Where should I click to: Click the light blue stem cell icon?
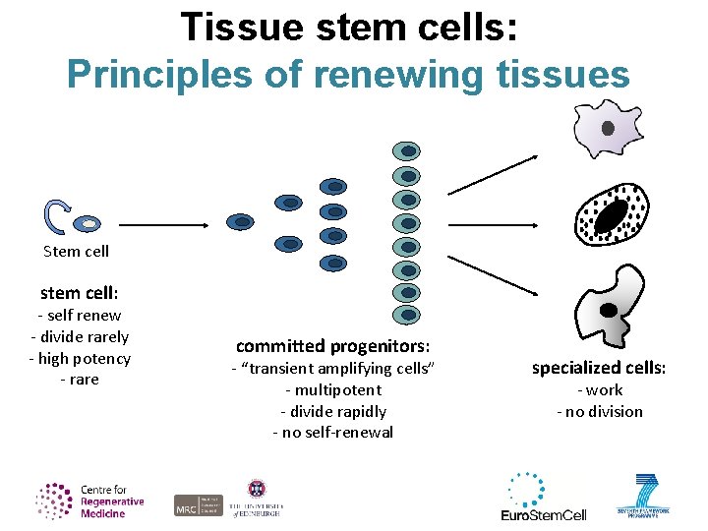(88, 224)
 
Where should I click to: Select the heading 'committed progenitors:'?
(332, 346)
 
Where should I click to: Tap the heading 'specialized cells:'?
(599, 368)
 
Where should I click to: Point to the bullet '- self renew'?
(79, 316)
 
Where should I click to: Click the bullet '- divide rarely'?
(79, 336)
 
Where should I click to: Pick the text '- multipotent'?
(332, 390)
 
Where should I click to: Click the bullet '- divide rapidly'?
(332, 412)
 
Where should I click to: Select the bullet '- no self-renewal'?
(332, 433)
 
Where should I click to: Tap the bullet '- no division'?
(599, 412)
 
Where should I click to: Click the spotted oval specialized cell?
(611, 215)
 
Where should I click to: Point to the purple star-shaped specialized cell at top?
(607, 129)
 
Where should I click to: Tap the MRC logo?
(199, 505)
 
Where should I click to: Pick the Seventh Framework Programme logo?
(648, 496)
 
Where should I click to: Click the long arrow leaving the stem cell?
(163, 224)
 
